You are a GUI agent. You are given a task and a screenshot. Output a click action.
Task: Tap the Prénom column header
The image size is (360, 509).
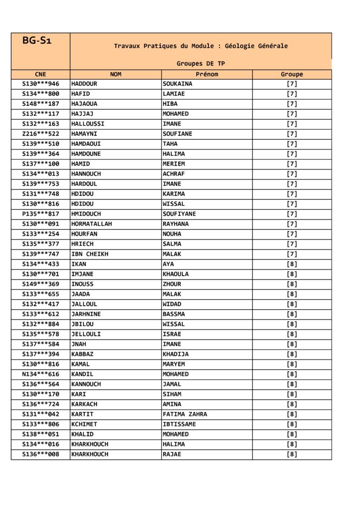[x=207, y=75]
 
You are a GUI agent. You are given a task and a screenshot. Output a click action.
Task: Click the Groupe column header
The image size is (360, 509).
[x=292, y=75]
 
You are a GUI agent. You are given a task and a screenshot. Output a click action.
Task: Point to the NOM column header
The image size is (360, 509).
[x=115, y=75]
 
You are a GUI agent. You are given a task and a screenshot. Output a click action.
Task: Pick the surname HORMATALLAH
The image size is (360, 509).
[x=91, y=224]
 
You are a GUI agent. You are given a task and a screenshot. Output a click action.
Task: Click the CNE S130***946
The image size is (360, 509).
[x=41, y=84]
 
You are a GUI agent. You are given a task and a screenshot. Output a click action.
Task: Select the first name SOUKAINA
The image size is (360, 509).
[x=178, y=84]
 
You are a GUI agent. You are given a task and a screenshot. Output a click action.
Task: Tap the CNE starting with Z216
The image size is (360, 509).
[x=41, y=134]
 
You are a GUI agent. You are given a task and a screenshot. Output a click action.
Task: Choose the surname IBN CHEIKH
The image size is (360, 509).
[x=90, y=254]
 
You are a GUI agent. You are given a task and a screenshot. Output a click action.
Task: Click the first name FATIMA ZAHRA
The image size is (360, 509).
[x=184, y=414]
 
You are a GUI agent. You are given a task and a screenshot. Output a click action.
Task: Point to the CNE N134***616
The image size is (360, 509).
[x=41, y=374]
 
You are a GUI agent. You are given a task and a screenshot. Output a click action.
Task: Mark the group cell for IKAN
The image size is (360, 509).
[x=292, y=264]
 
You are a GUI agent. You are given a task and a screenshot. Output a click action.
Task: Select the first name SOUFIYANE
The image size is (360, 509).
[x=179, y=214]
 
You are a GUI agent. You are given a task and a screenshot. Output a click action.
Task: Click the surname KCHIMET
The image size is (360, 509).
[x=84, y=424]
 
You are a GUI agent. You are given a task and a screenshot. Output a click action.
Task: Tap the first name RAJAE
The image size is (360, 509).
[x=172, y=454]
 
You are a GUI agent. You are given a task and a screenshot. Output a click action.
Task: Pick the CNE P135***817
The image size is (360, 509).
[x=41, y=214]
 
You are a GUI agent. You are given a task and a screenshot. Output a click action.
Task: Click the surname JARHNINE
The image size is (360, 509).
[x=86, y=314]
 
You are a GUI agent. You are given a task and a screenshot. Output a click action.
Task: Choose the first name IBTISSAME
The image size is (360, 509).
[x=179, y=424]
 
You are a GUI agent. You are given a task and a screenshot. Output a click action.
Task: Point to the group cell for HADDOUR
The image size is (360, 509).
[x=292, y=84]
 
